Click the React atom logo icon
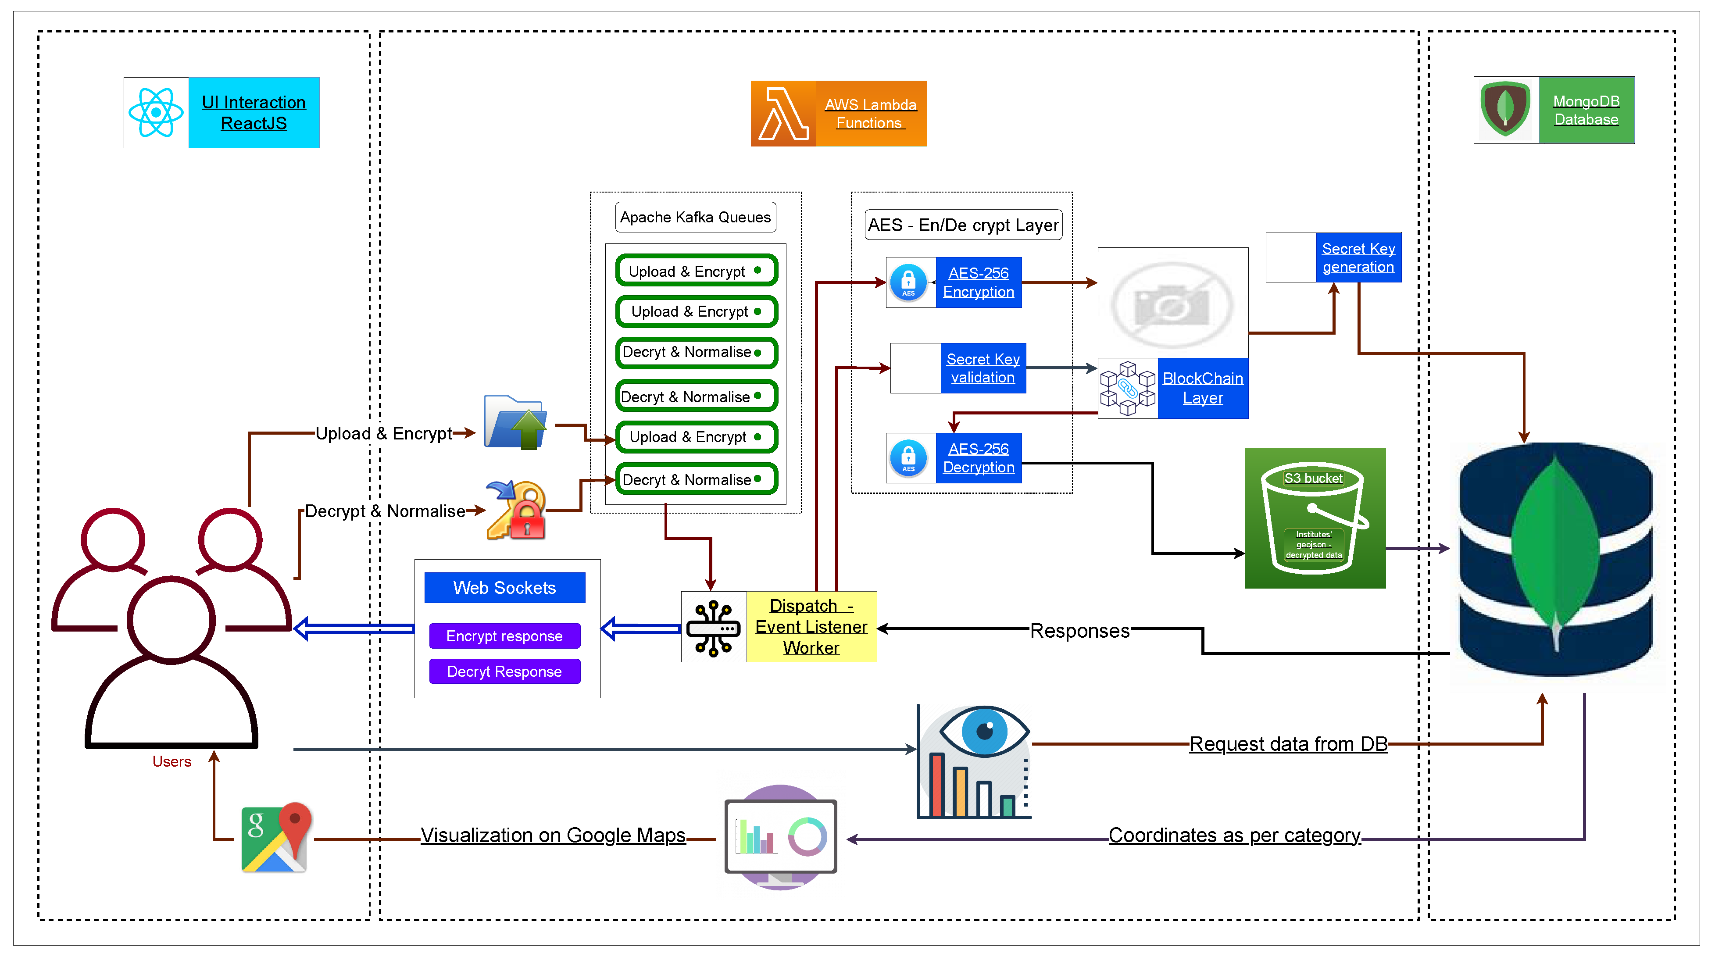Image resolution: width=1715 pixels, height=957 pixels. (156, 112)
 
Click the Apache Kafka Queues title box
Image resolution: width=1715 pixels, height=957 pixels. (695, 217)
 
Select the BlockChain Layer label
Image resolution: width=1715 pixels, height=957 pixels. (1202, 388)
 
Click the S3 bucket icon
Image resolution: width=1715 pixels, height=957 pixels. (1314, 518)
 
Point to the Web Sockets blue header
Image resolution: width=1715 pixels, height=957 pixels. (505, 588)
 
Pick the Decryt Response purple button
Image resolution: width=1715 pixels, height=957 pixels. (505, 671)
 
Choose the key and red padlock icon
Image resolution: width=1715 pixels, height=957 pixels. (516, 510)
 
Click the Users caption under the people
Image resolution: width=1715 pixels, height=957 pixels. (172, 761)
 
